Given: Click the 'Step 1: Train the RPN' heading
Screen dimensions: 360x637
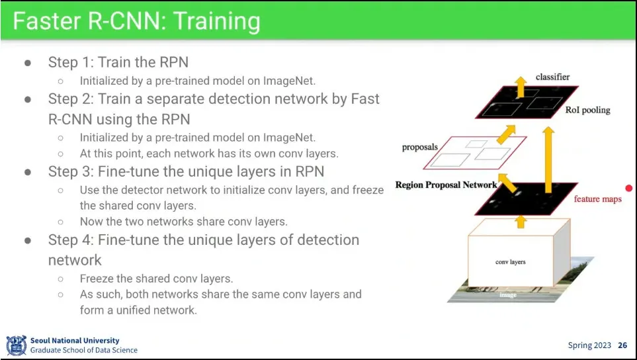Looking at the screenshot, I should point(118,62).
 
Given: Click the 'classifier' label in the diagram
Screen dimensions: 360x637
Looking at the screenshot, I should point(552,77).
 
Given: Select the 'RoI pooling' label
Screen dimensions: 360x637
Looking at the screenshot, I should point(587,110).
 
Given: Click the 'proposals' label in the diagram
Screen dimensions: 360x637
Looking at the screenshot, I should point(419,147).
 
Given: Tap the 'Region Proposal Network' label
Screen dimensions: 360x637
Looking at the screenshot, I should point(445,185).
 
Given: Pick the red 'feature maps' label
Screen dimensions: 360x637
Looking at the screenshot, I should point(597,199).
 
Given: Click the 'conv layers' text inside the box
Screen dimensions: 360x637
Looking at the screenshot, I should point(510,262).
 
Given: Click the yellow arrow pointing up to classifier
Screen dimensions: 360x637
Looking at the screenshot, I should point(521,87).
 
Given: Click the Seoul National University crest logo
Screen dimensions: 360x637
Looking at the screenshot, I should point(16,345).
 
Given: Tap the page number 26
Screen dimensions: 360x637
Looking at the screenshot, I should point(622,345).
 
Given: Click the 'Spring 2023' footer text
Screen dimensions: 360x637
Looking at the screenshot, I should point(590,345).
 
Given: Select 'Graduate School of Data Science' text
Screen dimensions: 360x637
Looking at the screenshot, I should point(84,350).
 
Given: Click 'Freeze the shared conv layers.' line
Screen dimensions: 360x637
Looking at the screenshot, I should point(156,279).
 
